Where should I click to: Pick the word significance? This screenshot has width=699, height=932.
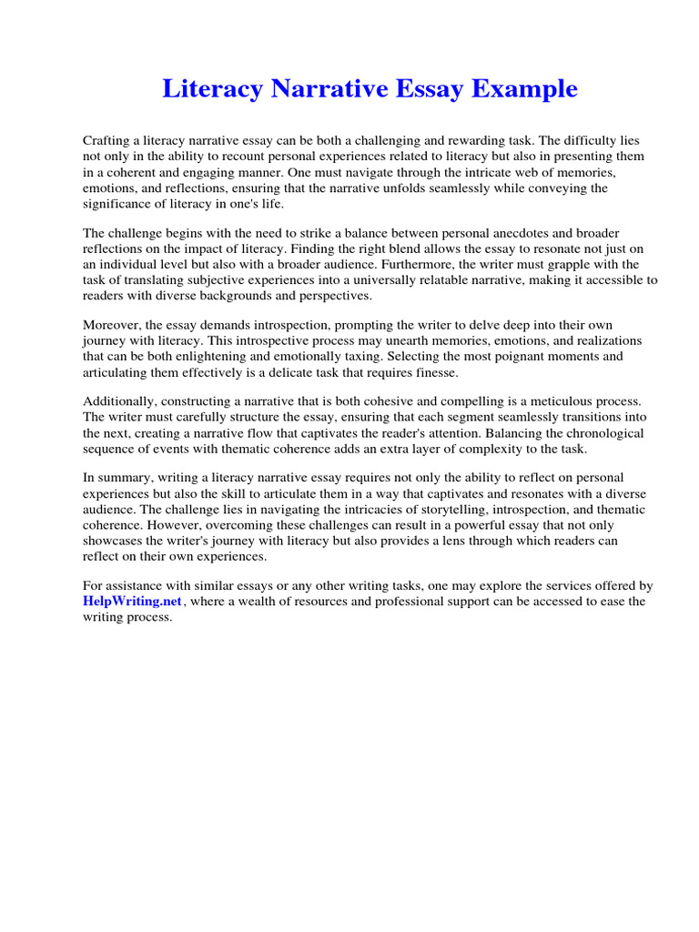click(x=122, y=203)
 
